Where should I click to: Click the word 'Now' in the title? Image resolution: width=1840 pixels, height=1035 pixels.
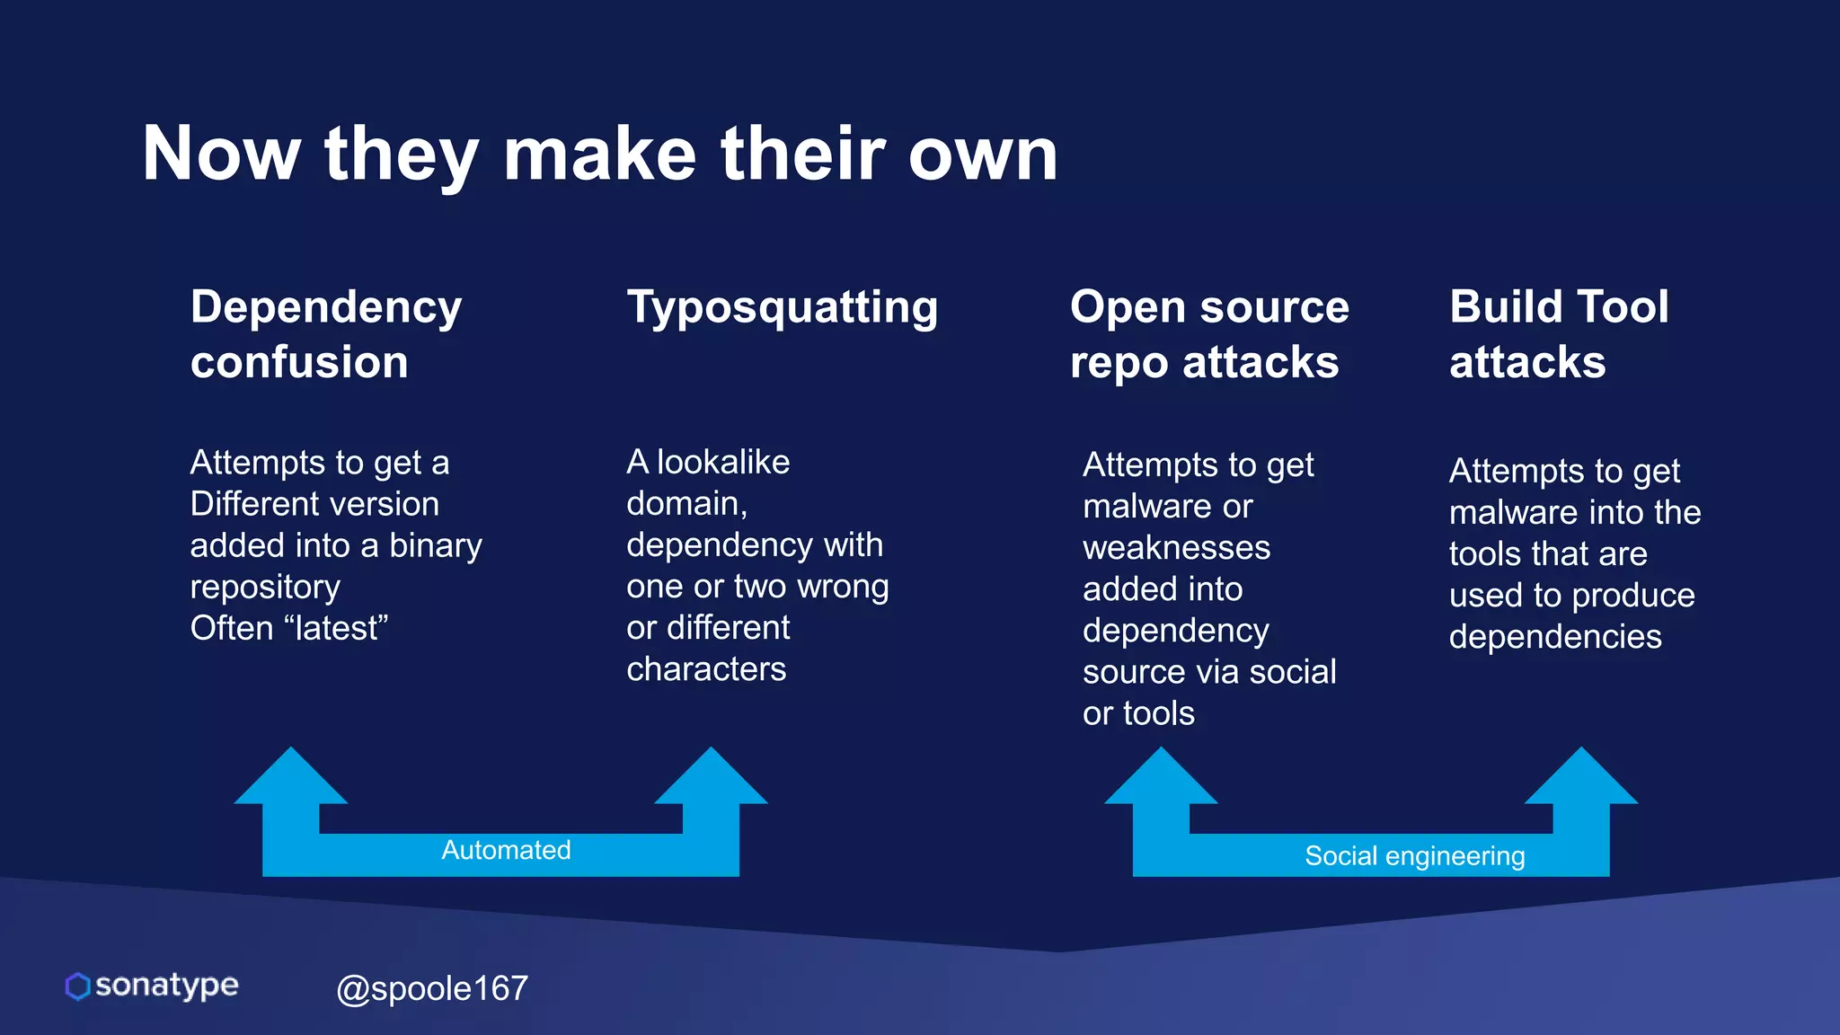(221, 155)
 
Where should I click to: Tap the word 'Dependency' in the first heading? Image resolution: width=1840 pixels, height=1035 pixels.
(325, 307)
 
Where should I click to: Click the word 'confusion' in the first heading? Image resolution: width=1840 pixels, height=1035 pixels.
(299, 363)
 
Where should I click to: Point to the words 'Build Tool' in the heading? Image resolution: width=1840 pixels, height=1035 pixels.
(1559, 307)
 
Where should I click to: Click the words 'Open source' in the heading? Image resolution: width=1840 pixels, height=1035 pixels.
(1209, 307)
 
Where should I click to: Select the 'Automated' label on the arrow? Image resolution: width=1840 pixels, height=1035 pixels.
(506, 850)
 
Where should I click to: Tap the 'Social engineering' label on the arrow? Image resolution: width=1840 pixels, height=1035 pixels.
(1414, 856)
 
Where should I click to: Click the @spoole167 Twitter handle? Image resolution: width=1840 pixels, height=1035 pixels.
(431, 988)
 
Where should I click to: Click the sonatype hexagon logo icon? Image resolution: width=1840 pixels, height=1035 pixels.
(77, 986)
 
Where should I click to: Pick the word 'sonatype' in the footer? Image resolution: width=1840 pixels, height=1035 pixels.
(167, 985)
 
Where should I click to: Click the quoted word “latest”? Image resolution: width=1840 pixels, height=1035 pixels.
(336, 628)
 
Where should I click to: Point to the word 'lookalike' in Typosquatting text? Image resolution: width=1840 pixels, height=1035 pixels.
(723, 462)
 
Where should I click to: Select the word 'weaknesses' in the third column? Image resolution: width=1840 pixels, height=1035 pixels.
(1176, 548)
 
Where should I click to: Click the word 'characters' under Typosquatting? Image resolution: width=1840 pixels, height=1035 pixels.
(706, 669)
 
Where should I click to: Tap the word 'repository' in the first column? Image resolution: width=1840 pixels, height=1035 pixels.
(265, 587)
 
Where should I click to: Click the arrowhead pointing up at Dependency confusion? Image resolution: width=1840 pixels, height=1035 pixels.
(290, 778)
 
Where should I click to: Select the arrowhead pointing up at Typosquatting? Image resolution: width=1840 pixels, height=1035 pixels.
(711, 778)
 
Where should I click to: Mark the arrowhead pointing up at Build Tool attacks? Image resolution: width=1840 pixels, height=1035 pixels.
(1581, 778)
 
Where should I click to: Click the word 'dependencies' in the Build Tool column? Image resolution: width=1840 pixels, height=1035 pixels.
(1555, 637)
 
